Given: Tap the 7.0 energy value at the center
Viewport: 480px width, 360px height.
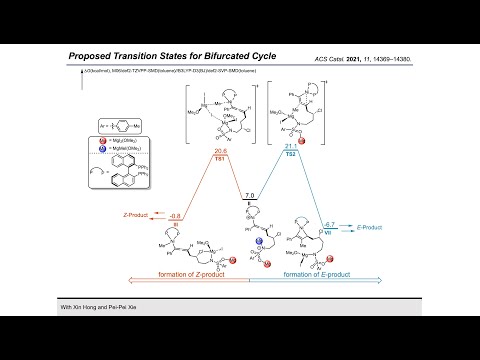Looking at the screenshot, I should click(250, 196).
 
